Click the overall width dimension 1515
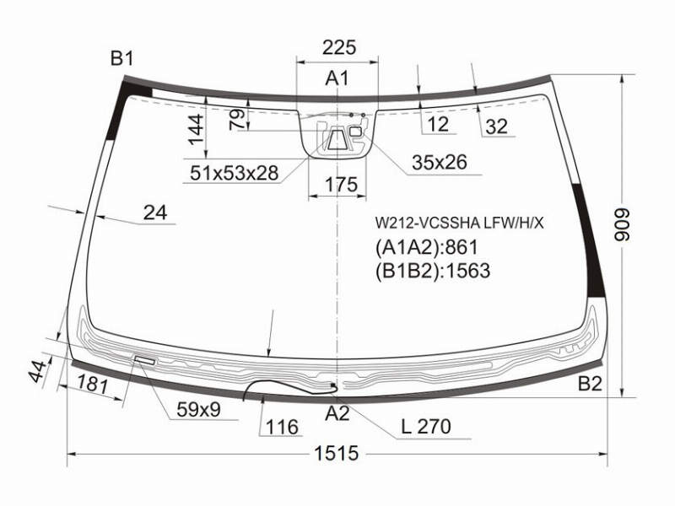point(336,453)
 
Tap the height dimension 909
point(622,225)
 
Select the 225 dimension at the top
point(339,47)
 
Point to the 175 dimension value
point(341,185)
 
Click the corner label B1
point(122,58)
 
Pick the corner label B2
point(590,384)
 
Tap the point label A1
point(337,78)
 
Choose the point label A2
point(337,413)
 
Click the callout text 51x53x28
point(235,173)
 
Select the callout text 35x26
point(439,162)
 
